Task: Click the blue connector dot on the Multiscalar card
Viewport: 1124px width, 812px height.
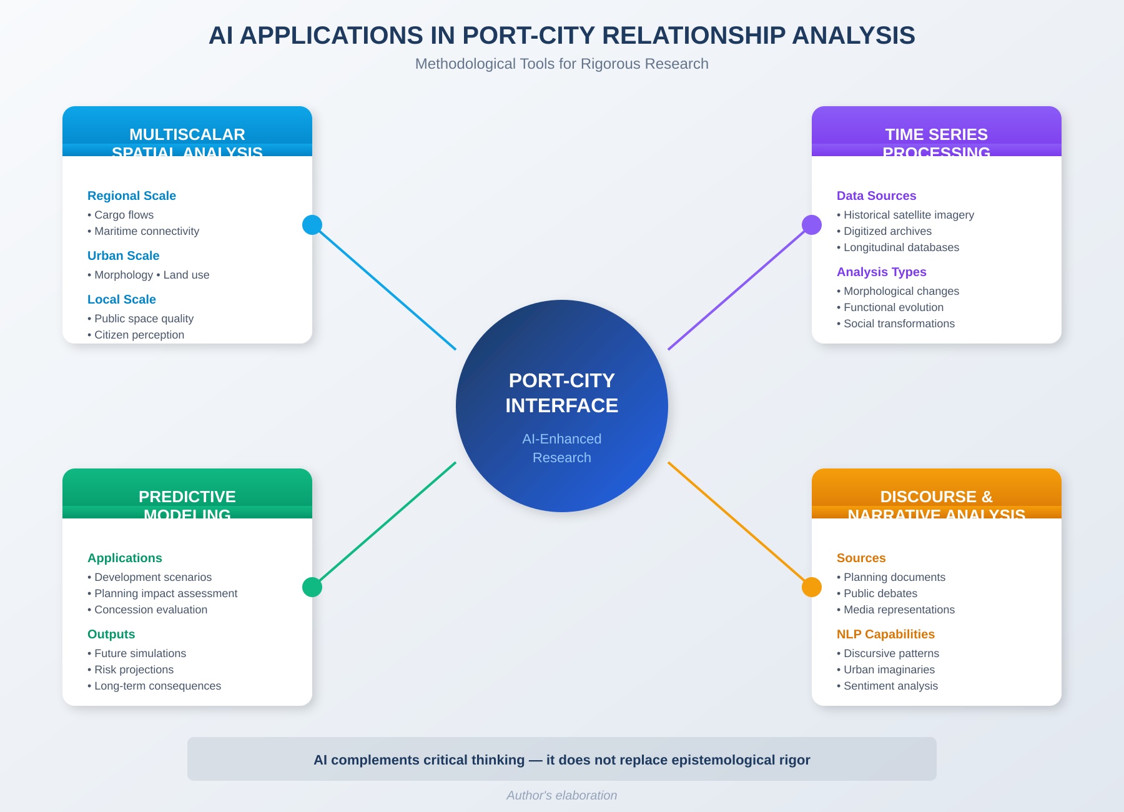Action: coord(312,225)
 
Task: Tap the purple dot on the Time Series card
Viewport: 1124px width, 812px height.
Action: coord(812,225)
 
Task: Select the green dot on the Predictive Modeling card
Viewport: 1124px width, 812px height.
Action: coord(312,587)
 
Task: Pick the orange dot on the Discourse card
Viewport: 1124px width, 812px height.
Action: coord(812,587)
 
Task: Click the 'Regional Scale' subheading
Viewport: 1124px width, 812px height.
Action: coord(132,196)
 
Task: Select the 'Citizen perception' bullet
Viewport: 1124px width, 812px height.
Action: coord(139,335)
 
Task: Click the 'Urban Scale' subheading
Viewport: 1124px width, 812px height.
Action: coord(124,255)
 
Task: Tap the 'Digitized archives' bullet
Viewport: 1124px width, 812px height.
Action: coord(887,231)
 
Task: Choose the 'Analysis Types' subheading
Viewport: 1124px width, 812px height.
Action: coord(881,272)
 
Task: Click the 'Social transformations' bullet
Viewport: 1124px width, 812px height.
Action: coord(899,324)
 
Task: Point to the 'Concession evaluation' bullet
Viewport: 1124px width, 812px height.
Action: coord(150,610)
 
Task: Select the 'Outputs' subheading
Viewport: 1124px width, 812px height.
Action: coord(111,634)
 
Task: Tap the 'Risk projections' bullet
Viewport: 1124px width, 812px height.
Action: coord(134,670)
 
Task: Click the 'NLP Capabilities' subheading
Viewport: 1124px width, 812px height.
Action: coord(885,634)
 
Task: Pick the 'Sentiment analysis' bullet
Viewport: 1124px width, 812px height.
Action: coord(890,686)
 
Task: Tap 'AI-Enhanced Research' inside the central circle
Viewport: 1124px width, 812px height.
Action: coord(562,448)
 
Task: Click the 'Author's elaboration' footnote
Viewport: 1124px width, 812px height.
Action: coord(562,795)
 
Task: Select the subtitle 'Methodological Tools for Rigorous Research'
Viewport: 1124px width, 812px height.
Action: coord(562,64)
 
